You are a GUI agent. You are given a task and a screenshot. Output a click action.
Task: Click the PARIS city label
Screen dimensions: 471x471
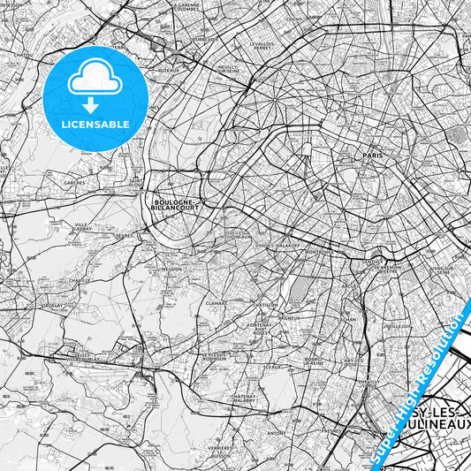[x=371, y=155]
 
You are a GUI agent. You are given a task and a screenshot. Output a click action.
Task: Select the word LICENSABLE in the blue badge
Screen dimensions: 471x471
[x=95, y=124]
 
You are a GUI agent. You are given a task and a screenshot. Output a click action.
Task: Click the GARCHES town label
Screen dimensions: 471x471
[x=74, y=183]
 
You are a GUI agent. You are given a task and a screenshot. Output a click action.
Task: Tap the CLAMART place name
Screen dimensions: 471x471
[x=216, y=303]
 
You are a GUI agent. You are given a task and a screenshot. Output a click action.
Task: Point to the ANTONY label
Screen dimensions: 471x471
[x=277, y=433]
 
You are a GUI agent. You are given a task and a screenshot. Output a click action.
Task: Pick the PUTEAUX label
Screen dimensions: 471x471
[x=170, y=69]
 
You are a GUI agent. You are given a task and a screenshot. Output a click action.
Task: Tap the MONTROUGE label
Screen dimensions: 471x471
[x=317, y=251]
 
